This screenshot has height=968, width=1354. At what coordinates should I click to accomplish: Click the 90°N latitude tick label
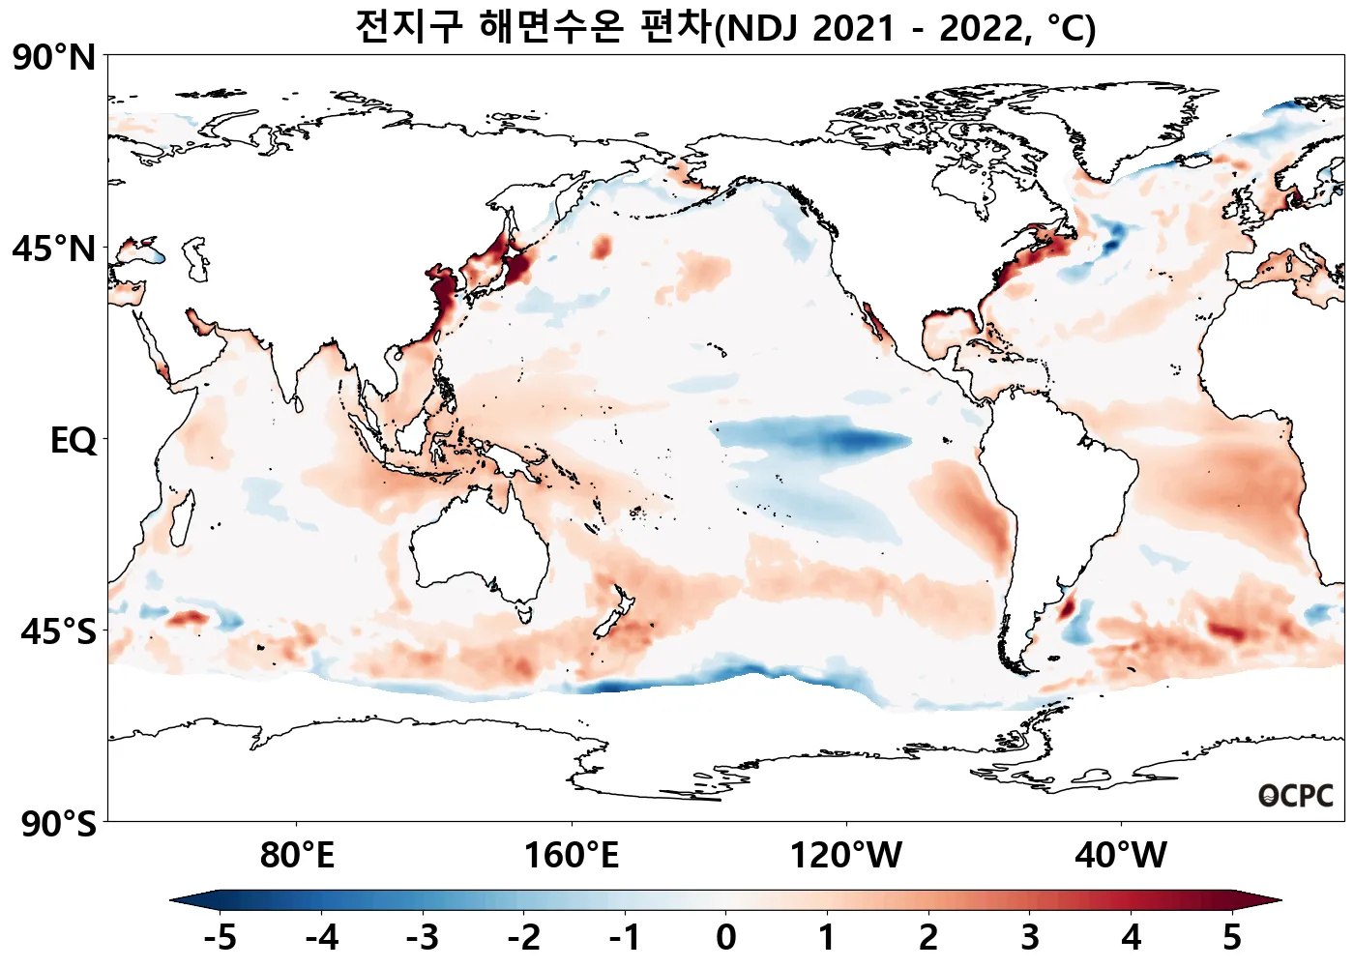click(x=55, y=58)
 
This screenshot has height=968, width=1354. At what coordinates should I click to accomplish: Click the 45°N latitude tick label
click(x=55, y=249)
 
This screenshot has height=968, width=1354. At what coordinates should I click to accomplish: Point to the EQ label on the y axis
click(x=74, y=441)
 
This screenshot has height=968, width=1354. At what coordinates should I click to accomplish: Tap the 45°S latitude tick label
click(x=58, y=632)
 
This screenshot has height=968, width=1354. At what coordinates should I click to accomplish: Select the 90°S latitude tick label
click(x=58, y=824)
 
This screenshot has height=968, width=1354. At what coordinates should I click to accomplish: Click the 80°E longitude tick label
click(x=297, y=856)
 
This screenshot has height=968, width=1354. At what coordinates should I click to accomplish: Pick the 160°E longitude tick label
click(x=571, y=856)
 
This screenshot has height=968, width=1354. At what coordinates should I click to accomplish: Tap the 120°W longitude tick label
click(x=846, y=856)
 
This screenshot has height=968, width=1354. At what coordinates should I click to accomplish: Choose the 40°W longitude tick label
click(x=1121, y=856)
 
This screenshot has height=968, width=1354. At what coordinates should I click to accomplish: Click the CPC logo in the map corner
click(x=1296, y=796)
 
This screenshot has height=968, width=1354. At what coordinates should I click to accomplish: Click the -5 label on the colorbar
click(x=221, y=937)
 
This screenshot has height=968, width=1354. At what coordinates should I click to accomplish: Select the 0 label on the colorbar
click(x=725, y=937)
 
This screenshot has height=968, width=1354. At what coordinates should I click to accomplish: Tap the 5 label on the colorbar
click(x=1231, y=937)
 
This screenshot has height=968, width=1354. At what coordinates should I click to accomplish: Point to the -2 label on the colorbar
click(x=523, y=937)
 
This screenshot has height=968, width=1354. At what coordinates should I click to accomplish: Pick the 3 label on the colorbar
click(x=1029, y=937)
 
